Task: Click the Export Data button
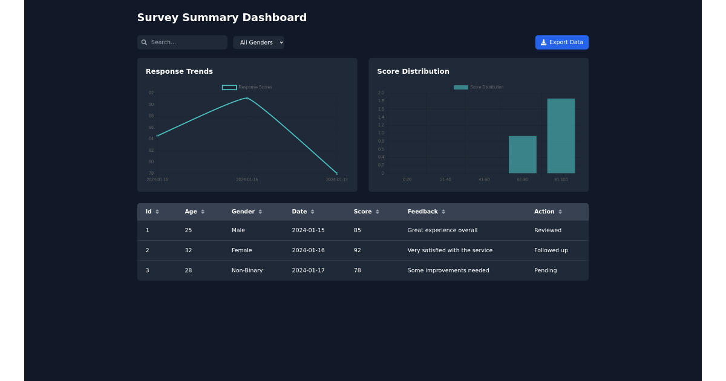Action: point(561,42)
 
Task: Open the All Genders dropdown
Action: point(258,42)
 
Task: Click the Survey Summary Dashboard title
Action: point(221,18)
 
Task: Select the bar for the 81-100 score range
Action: point(561,136)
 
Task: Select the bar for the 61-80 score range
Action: point(522,155)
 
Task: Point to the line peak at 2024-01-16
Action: point(247,98)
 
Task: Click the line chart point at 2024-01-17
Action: point(336,173)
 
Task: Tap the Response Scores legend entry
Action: point(247,87)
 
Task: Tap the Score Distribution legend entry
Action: point(479,87)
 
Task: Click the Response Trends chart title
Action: point(179,71)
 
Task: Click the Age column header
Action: point(191,212)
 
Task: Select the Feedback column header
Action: point(422,212)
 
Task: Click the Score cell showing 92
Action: point(358,250)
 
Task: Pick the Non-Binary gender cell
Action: point(247,270)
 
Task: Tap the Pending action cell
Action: point(545,270)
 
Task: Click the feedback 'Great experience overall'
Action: point(442,230)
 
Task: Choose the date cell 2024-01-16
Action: point(308,250)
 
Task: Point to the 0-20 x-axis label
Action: point(407,180)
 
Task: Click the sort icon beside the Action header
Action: point(560,212)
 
